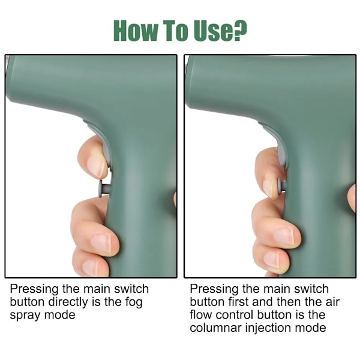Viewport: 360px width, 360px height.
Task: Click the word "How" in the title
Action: [136, 31]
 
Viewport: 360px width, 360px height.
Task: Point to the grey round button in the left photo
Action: [104, 189]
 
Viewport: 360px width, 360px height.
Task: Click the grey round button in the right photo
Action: [282, 186]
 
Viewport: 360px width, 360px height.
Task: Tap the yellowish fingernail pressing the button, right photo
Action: [270, 188]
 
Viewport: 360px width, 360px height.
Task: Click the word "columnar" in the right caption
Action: [216, 328]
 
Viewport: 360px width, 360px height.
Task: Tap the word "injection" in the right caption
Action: [268, 328]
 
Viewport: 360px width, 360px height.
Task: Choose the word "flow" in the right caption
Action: [200, 314]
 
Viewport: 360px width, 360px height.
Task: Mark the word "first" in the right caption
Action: [239, 302]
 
